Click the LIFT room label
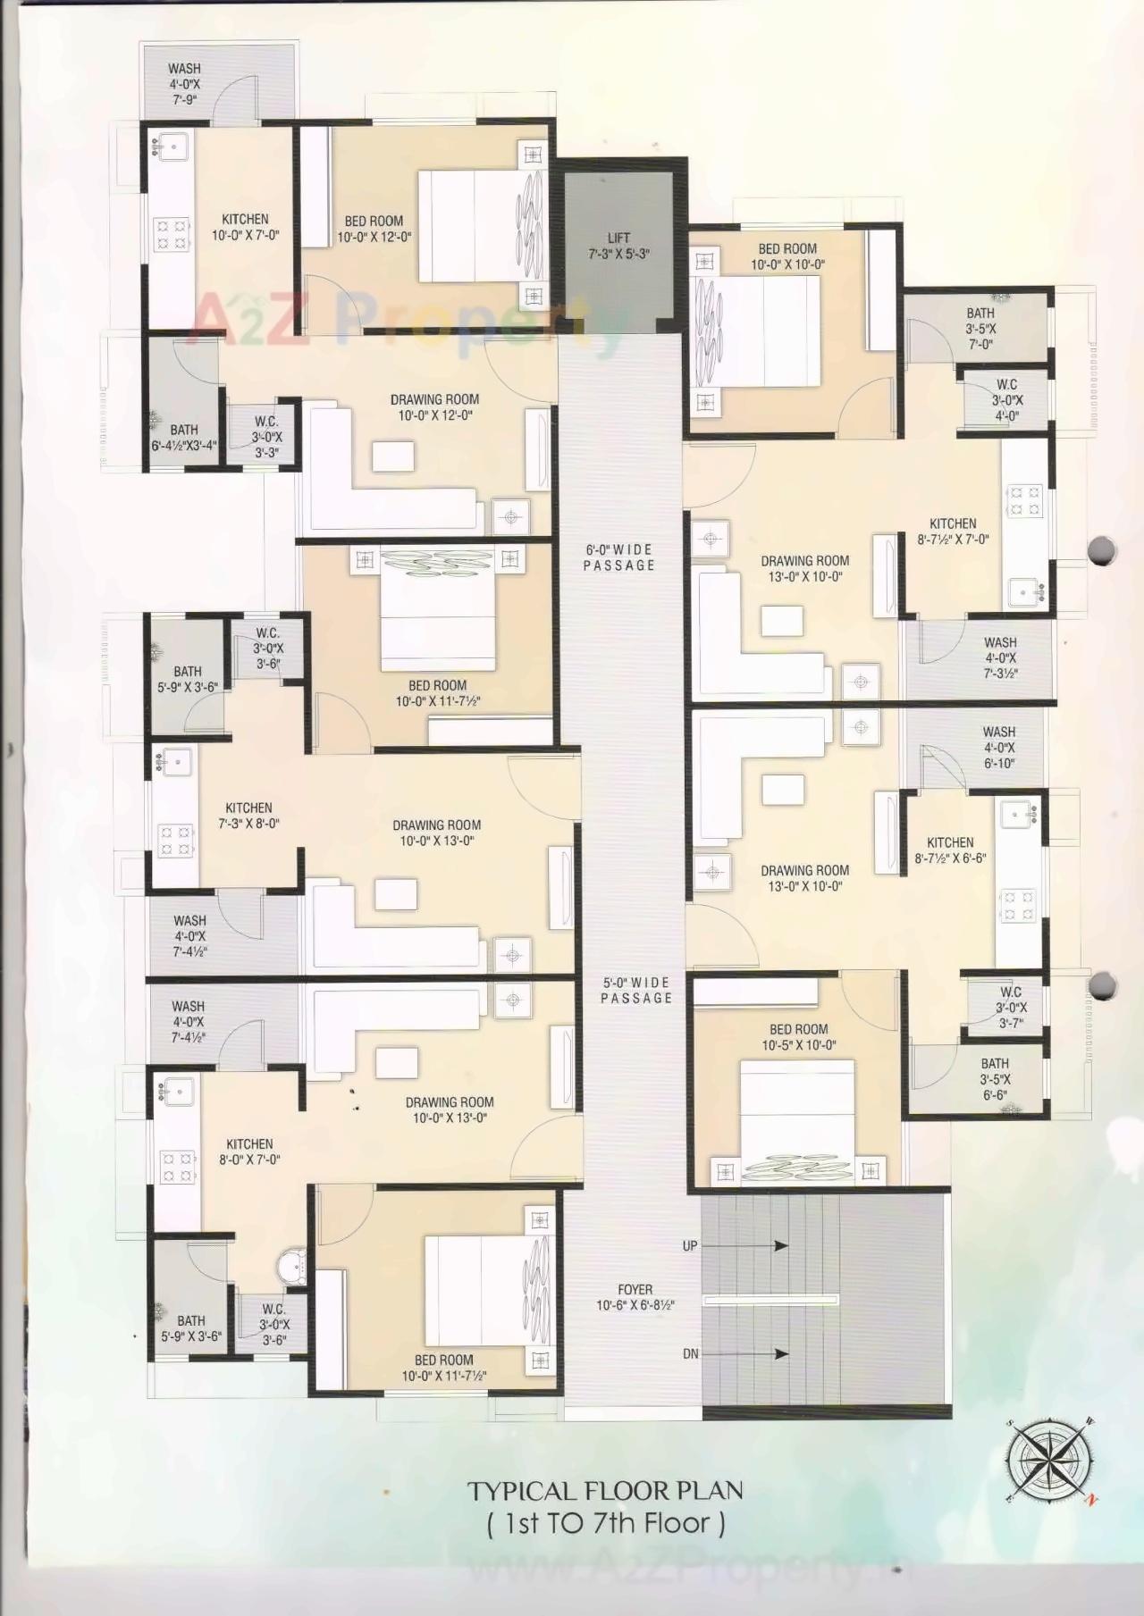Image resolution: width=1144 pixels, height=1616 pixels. pos(618,246)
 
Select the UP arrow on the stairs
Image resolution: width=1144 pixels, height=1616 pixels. pos(768,1246)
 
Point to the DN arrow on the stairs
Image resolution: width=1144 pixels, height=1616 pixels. pos(768,1354)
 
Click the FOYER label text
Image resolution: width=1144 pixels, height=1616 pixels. pos(635,1297)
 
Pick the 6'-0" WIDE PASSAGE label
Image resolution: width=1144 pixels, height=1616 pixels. pos(618,557)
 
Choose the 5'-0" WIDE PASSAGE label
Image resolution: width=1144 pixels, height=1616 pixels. pos(635,990)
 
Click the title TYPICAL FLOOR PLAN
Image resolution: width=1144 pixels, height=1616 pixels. pos(605,1490)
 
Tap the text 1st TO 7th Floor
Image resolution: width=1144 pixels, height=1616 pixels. pos(606,1523)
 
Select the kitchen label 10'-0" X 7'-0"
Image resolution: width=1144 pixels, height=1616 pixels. pos(245,227)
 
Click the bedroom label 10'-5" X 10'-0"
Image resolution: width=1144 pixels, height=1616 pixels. pos(798,1037)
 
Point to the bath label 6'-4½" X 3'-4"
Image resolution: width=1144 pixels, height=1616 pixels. pos(184,438)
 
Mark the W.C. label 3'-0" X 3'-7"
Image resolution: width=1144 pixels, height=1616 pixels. pos(1010,1007)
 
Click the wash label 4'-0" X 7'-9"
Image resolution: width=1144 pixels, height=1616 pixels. pos(184,84)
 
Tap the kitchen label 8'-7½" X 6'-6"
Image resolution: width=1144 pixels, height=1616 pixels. pos(950,850)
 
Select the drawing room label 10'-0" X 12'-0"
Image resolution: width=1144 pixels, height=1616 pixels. pos(434,407)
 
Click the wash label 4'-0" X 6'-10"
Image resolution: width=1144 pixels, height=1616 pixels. pos(998,748)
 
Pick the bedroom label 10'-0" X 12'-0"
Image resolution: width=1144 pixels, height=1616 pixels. pos(374,229)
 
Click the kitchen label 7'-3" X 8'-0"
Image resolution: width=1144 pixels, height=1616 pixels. pos(248,816)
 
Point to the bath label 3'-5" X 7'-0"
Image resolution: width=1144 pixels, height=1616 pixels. pos(980,328)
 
